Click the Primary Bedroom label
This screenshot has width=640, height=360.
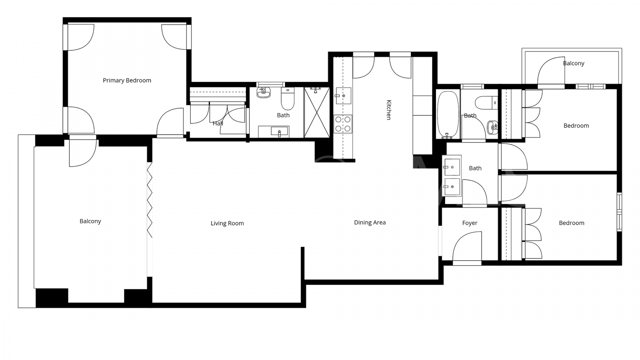[127, 80]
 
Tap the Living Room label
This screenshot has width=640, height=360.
[227, 223]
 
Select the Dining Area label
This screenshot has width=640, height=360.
[370, 222]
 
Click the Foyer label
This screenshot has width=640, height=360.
[470, 223]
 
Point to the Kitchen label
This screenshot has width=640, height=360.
[389, 110]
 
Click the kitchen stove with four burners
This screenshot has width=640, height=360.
[343, 124]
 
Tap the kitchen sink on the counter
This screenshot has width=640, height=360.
[343, 96]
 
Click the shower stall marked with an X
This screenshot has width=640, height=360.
[316, 112]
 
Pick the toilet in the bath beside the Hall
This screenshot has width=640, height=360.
[288, 99]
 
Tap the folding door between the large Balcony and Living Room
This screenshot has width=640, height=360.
[150, 200]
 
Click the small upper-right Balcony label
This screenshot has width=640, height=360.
[573, 63]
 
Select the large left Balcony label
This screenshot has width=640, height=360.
[90, 221]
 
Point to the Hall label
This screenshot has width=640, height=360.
[218, 123]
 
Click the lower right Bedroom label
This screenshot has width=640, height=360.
[571, 223]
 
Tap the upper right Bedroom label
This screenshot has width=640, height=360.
[576, 126]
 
